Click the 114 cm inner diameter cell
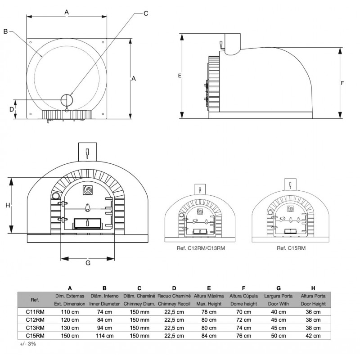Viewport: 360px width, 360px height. (104, 336)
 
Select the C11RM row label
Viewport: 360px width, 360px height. (35, 312)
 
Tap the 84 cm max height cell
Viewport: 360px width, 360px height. (209, 336)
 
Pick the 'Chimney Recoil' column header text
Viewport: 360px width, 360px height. (174, 304)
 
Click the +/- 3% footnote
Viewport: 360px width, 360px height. (28, 344)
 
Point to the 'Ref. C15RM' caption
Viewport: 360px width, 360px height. (291, 248)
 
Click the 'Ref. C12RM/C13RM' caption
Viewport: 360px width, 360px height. (201, 248)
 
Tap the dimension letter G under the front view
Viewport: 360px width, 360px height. (88, 263)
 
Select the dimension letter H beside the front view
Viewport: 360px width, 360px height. (8, 205)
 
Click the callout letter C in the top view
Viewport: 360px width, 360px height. (146, 13)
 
